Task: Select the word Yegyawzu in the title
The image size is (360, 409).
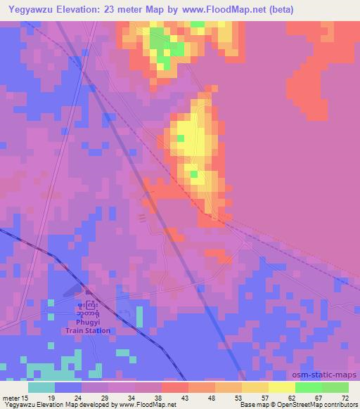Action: click(33, 11)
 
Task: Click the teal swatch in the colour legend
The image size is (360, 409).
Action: click(41, 387)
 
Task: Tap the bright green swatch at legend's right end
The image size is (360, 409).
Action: click(335, 387)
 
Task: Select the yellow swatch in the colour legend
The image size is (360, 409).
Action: click(282, 387)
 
